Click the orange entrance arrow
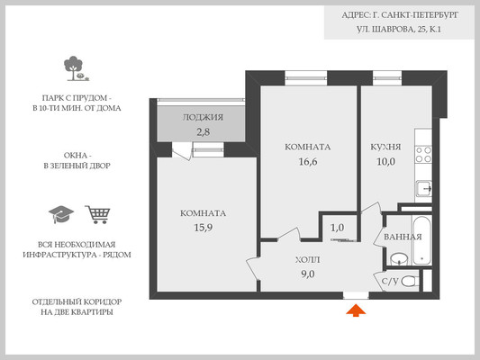356,310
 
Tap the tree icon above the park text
76,68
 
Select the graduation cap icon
61,214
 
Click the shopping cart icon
97,214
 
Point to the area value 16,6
308,161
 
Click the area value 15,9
204,228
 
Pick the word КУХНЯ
385,147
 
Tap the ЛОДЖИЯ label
203,118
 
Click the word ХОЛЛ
308,260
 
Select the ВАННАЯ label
403,237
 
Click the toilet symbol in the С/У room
410,281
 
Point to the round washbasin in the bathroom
399,259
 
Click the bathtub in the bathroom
421,240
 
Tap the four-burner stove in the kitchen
423,155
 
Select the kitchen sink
424,189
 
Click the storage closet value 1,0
338,228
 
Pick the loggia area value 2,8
203,132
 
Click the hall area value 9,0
308,274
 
